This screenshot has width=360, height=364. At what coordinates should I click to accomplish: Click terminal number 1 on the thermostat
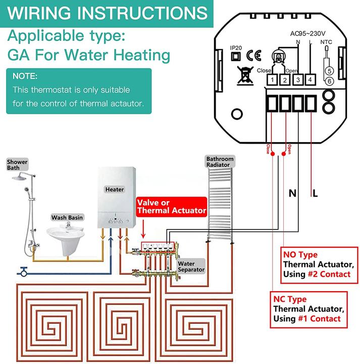(272, 79)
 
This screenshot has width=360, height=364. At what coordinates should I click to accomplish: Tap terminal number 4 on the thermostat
(310, 79)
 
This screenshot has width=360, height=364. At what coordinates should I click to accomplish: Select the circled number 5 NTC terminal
(329, 71)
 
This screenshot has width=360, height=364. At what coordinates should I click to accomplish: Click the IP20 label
(236, 48)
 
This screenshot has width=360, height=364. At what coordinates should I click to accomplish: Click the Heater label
(114, 190)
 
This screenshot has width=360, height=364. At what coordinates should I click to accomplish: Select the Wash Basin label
(67, 217)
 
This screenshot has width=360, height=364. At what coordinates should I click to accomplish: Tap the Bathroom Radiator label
(218, 162)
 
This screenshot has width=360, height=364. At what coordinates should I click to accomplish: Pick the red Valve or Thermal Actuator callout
(172, 206)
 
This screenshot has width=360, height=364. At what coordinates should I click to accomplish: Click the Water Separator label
(190, 266)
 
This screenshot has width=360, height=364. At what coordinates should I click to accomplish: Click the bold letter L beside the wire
(316, 193)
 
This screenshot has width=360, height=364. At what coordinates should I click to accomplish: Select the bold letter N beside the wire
(292, 193)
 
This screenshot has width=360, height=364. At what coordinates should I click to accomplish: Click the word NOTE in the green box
(25, 76)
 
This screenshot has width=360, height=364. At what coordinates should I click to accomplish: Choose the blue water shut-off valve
(23, 269)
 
